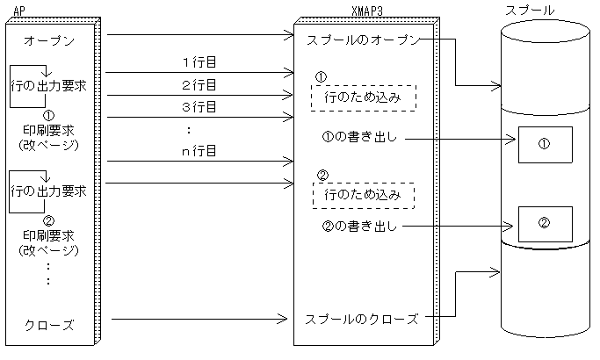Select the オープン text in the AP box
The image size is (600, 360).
(49, 40)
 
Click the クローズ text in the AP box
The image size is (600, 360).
(49, 326)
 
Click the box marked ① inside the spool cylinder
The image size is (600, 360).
(544, 144)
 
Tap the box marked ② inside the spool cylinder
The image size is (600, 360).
(544, 223)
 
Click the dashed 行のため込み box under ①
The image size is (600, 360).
(363, 97)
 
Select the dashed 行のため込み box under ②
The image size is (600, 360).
(363, 194)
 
